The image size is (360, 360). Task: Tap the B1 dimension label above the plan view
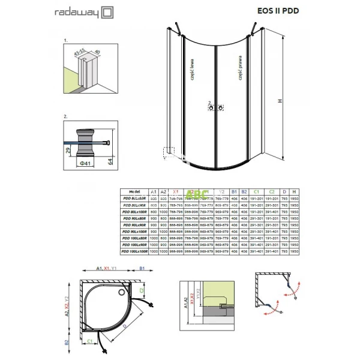142,269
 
